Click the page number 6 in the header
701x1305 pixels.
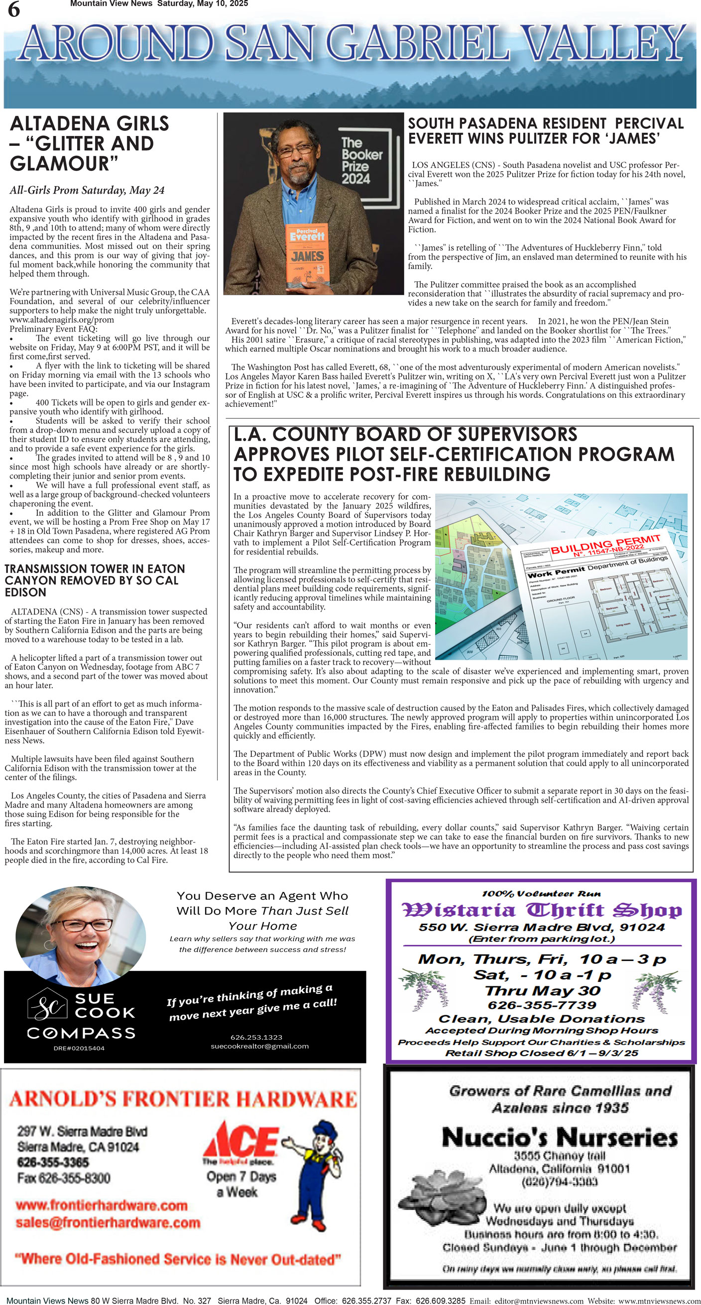(x=13, y=9)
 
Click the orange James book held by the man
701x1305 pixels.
(x=308, y=253)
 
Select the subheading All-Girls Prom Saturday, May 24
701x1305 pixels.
(x=87, y=190)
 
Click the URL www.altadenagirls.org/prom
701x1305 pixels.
(x=61, y=320)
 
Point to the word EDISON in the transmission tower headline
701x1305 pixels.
(x=25, y=592)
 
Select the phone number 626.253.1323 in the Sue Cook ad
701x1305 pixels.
(x=256, y=1037)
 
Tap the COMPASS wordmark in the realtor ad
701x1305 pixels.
(x=81, y=1033)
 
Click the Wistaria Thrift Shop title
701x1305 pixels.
(x=541, y=910)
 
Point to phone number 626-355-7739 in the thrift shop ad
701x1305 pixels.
(x=542, y=1005)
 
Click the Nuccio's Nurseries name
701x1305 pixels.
(x=560, y=1137)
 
